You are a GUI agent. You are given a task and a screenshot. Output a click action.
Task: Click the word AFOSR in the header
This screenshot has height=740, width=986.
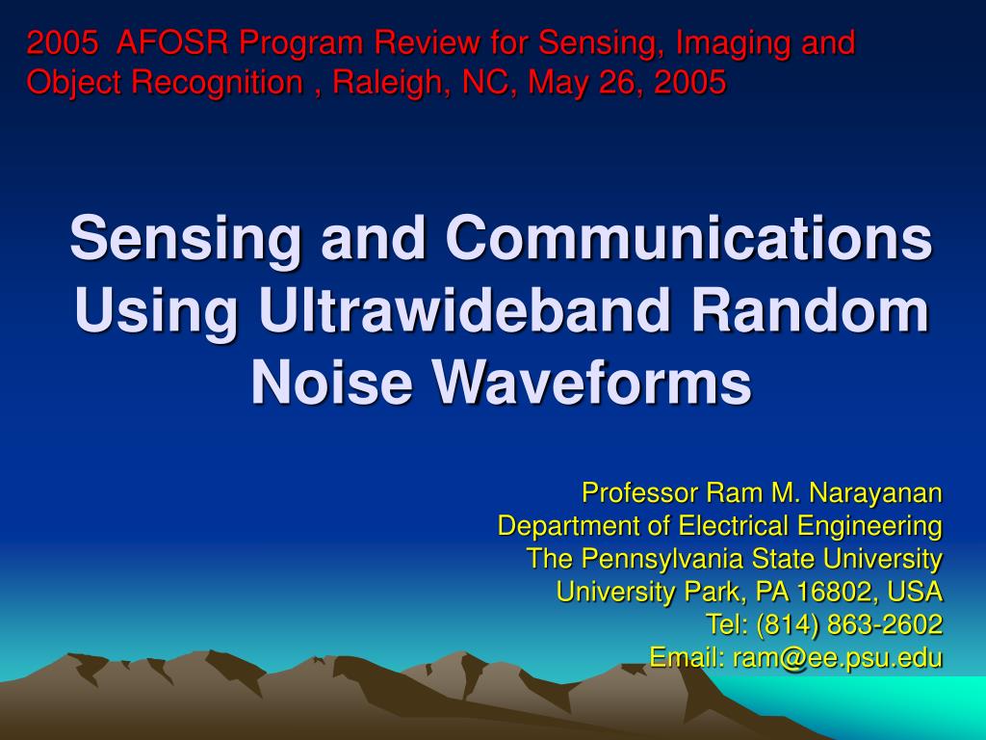point(174,42)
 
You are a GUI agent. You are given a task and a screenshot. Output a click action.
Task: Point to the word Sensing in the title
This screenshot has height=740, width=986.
point(187,239)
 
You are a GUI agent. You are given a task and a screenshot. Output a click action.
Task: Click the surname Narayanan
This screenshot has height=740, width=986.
point(875,493)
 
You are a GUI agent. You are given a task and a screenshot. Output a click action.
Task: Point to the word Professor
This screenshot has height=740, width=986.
point(640,493)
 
